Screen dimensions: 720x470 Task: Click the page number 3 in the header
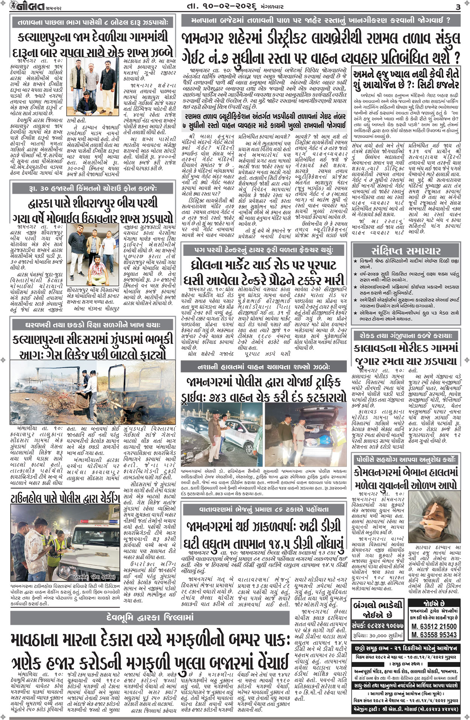[x=458, y=7]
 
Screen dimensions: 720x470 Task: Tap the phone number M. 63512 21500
[x=434, y=626]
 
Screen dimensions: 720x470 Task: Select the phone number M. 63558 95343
[x=434, y=635]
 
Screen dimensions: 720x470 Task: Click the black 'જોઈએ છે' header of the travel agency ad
[x=434, y=605]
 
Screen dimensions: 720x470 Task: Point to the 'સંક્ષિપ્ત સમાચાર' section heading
[x=406, y=251]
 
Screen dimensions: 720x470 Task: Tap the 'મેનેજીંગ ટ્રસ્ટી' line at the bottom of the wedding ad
[x=406, y=709]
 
